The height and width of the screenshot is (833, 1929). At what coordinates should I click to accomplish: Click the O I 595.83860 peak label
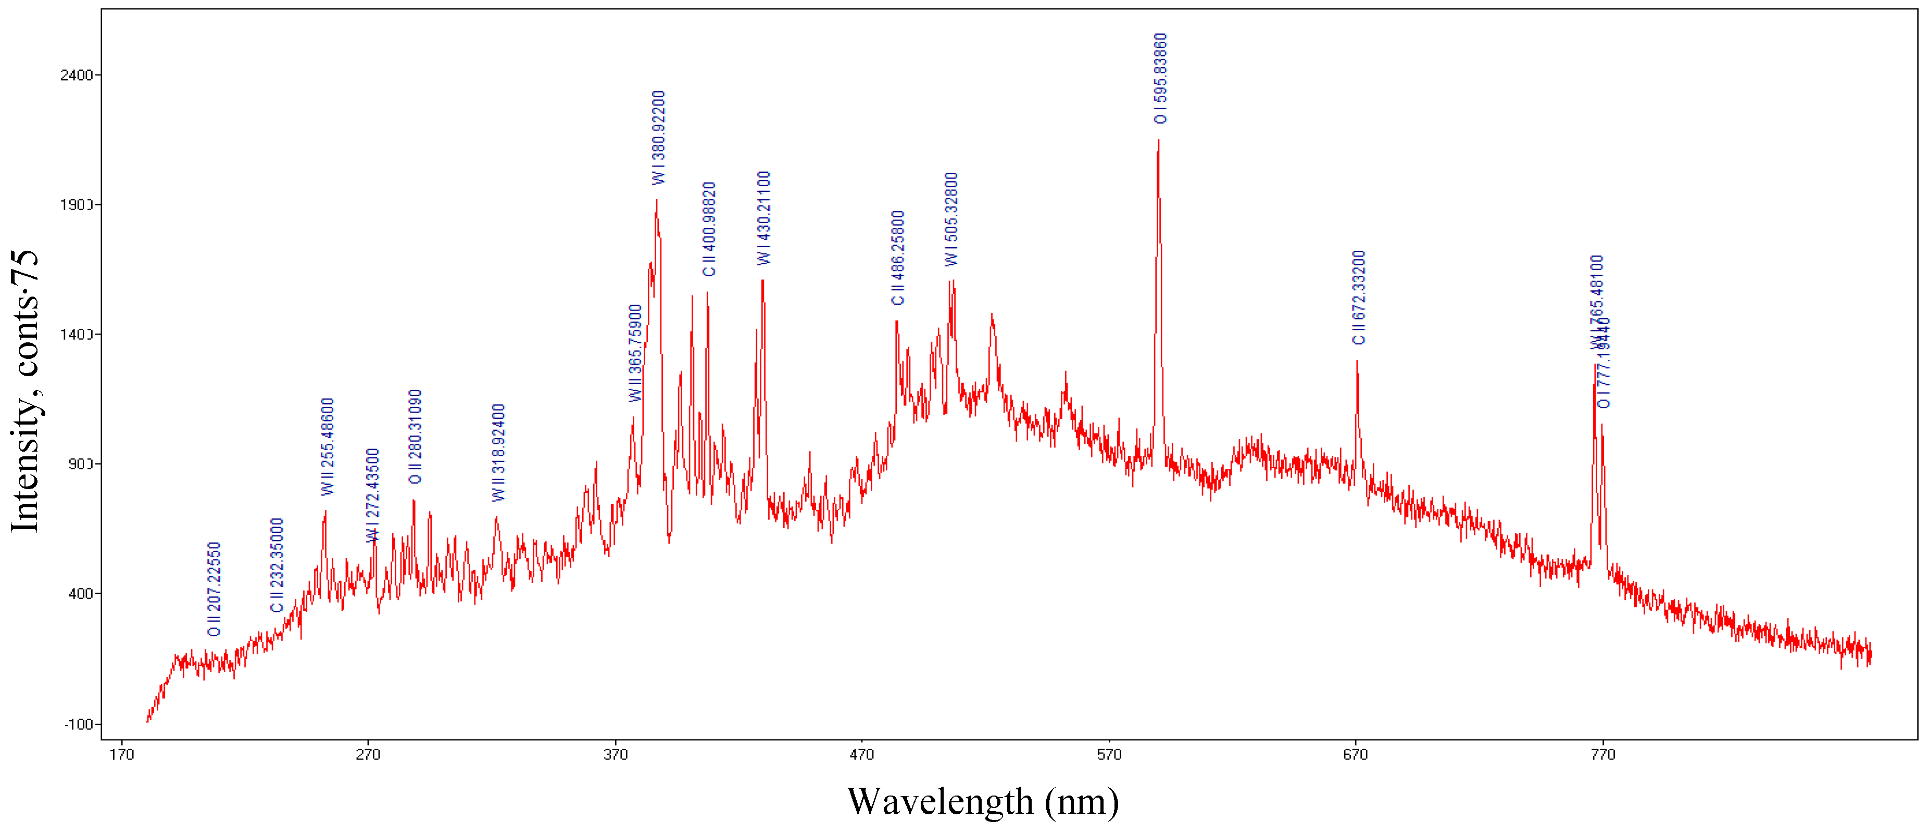coord(1160,79)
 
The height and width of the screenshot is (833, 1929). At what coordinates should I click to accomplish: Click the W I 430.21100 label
coord(764,218)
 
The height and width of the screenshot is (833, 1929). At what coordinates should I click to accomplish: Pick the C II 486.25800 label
coord(898,258)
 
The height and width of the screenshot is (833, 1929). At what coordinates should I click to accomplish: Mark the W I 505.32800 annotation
coord(951,219)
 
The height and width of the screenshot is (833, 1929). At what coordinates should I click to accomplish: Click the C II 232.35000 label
coord(277,565)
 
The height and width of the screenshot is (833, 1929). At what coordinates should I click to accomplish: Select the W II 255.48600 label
coord(327,447)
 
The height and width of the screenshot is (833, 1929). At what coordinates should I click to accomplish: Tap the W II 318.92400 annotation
coord(499,453)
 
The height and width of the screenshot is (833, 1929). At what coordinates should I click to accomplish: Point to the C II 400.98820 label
coord(709,229)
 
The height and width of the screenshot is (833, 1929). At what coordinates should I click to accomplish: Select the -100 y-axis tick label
coord(79,724)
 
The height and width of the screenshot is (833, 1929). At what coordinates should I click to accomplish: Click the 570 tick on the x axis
coord(1109,754)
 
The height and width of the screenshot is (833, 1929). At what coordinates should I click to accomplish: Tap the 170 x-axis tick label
coord(121,754)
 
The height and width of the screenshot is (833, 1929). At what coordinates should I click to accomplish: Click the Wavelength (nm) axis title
coord(983,802)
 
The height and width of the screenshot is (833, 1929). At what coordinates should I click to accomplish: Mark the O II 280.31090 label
coord(416,437)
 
